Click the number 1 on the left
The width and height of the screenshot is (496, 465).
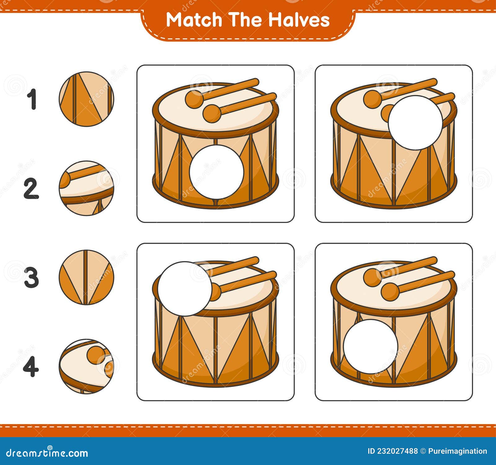(x=32, y=99)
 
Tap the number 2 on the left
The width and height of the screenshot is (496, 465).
(x=31, y=188)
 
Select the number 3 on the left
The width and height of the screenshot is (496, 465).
(x=31, y=277)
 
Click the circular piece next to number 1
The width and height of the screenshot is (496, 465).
(x=86, y=99)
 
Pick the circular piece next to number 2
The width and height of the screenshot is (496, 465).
(x=86, y=188)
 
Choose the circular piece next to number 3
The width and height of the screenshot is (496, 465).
(x=86, y=277)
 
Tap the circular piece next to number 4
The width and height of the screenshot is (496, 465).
(x=86, y=366)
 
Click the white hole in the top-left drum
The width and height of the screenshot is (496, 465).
(x=216, y=172)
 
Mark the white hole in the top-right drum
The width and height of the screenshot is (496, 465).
(x=415, y=123)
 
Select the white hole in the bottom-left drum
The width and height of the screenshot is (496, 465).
(x=185, y=289)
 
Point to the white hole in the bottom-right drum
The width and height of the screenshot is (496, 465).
(x=370, y=347)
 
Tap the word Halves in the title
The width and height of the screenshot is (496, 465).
(x=299, y=20)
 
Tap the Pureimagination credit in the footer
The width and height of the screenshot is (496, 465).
(x=457, y=451)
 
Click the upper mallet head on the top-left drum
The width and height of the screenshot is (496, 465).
(x=194, y=99)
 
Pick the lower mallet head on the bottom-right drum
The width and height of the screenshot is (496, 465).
(x=390, y=292)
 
